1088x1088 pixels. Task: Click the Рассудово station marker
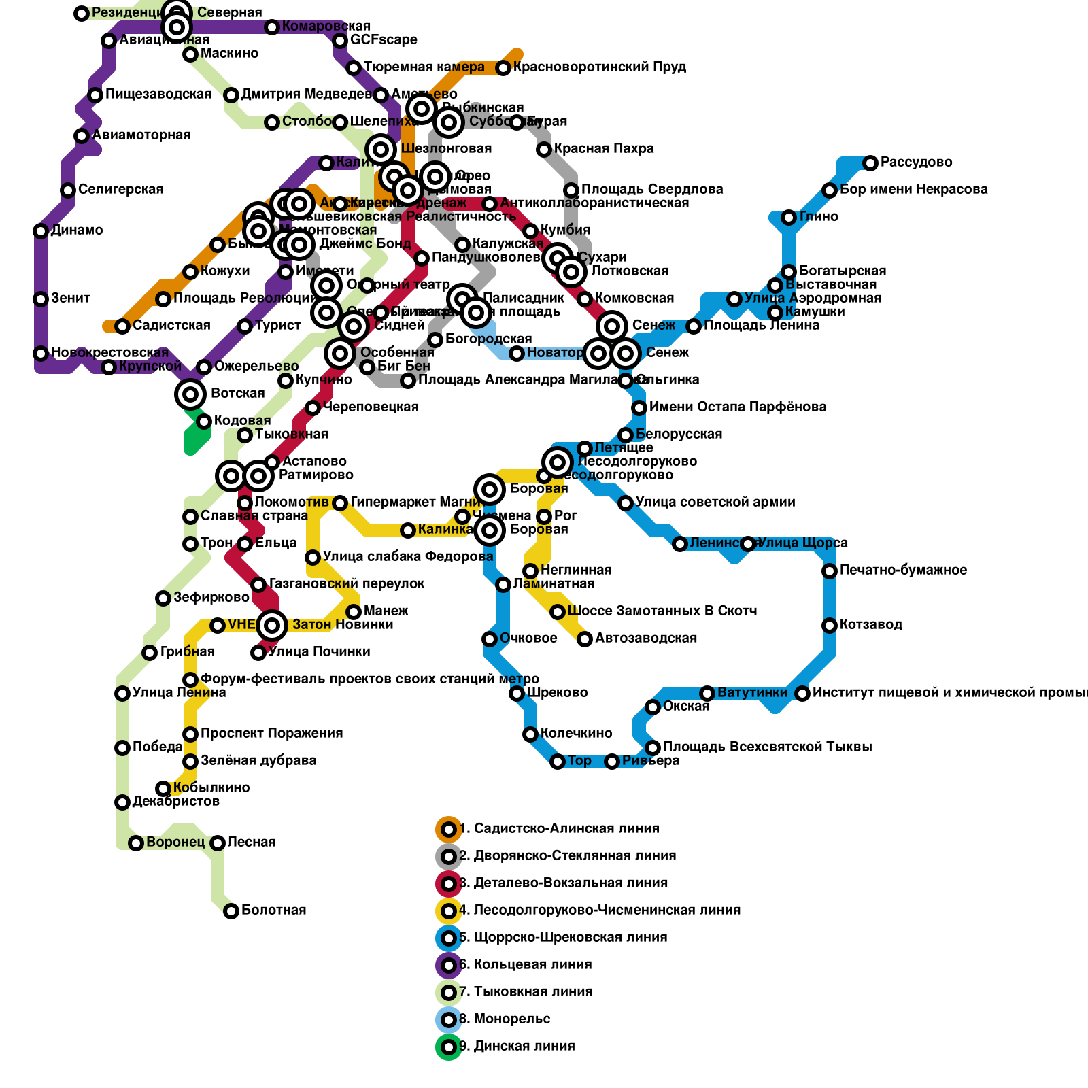[870, 163]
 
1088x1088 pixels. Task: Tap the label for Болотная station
[273, 911]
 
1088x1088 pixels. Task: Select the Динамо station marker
[41, 231]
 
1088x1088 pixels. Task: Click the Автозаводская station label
[645, 639]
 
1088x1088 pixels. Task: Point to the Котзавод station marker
[830, 626]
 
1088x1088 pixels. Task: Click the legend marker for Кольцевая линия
[449, 965]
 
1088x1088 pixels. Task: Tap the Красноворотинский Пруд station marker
[503, 68]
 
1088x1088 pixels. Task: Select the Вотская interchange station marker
[190, 394]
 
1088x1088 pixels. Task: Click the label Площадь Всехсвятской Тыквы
[767, 747]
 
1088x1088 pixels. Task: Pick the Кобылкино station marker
[163, 789]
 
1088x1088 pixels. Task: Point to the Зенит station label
[71, 299]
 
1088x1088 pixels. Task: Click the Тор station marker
[558, 762]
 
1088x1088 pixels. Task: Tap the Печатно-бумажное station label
[903, 571]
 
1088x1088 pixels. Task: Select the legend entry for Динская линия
[517, 1047]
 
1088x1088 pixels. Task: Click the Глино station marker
[789, 218]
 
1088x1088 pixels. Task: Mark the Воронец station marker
[136, 843]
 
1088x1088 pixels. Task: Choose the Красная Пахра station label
[604, 149]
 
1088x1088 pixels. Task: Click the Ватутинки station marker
[707, 694]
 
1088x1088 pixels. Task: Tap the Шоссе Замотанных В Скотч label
[662, 611]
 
